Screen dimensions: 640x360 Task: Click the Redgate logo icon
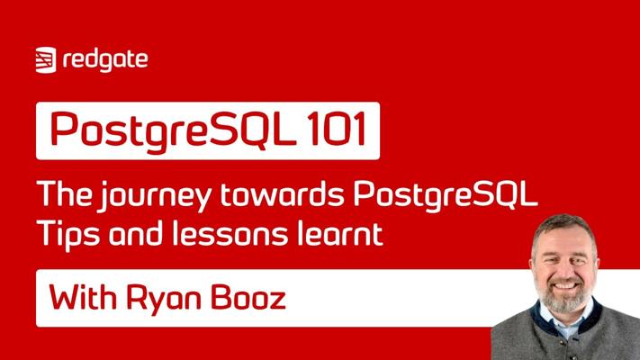coord(46,60)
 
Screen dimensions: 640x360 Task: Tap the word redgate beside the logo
coord(105,60)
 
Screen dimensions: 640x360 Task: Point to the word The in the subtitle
coord(65,193)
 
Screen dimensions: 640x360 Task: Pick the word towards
coord(283,193)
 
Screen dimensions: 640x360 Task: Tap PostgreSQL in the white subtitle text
coord(446,196)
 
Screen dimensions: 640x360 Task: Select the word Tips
coord(68,234)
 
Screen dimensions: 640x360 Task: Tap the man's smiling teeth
coord(565,285)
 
